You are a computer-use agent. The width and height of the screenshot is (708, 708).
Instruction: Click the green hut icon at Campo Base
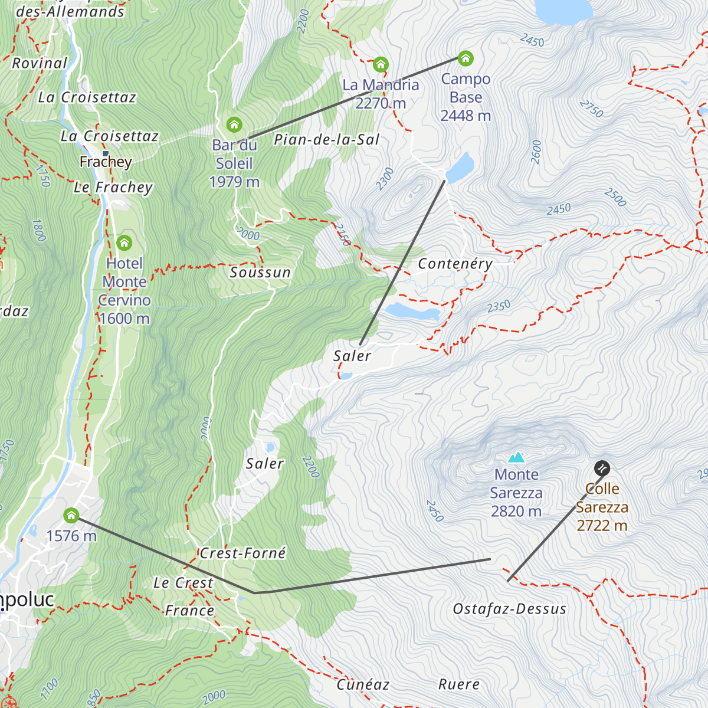466,58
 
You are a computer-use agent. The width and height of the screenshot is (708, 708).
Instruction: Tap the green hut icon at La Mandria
381,64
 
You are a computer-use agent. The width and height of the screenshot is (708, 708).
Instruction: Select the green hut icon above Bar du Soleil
234,124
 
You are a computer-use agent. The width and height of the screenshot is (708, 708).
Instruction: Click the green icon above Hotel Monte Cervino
124,242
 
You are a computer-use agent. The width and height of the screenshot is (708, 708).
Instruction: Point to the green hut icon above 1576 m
71,516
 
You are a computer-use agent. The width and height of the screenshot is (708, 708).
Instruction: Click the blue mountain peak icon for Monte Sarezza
517,457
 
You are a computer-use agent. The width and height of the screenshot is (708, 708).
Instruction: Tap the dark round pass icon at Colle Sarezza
602,468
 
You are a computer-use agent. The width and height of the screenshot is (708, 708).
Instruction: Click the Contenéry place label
455,264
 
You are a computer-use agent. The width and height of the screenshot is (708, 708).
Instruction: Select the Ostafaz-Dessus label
510,609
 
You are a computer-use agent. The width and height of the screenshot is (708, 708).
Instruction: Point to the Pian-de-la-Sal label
326,140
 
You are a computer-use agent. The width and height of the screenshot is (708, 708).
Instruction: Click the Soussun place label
260,273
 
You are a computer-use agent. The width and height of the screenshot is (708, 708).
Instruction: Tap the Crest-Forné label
242,553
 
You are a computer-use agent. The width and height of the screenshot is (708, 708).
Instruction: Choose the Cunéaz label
363,684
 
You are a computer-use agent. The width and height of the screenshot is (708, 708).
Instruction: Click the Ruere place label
458,684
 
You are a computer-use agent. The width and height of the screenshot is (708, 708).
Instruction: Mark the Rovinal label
40,63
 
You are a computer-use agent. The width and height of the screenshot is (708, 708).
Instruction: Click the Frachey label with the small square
106,161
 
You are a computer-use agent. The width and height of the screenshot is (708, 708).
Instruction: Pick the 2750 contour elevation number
591,109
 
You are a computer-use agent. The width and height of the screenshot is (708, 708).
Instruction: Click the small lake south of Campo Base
460,168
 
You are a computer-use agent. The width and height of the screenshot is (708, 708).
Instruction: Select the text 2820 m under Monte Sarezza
516,511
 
